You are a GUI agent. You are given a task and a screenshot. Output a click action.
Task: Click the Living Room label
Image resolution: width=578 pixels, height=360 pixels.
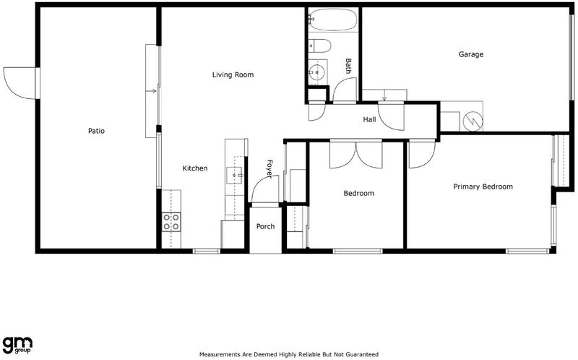coord(233,75)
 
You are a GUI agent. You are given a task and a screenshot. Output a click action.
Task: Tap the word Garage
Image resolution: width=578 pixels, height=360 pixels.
coord(471,55)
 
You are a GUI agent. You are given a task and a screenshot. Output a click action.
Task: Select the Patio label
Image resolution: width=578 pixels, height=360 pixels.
coord(96,131)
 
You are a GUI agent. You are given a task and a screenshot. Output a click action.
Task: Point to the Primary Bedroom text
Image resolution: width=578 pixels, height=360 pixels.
coord(483,187)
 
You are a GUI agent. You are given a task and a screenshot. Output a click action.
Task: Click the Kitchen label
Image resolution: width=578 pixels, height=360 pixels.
coord(195,168)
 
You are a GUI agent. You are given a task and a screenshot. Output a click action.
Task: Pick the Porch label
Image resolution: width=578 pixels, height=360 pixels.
coord(265,226)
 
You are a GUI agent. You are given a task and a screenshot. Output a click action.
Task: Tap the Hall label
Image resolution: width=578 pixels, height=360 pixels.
coord(369,119)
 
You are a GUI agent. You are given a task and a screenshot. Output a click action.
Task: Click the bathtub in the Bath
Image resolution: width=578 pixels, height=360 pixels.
coord(333,20)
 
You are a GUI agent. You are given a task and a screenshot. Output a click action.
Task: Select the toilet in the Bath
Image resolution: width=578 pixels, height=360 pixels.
coord(319,46)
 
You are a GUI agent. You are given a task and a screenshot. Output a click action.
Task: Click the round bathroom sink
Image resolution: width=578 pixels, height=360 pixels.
coord(316,72)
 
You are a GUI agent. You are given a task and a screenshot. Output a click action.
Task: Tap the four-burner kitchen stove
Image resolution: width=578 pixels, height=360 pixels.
coord(171,222)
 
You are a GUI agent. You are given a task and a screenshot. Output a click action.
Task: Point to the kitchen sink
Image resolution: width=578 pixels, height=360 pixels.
coord(234,175)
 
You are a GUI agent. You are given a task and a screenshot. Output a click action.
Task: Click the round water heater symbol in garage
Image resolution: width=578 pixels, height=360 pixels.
coord(473,121)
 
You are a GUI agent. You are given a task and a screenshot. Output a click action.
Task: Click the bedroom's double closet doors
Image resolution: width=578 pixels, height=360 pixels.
coord(356,154)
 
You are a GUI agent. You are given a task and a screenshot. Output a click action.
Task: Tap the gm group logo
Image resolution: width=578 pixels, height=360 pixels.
coord(17,346)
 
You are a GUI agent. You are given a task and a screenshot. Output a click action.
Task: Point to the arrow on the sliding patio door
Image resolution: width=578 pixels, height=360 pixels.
coord(152,91)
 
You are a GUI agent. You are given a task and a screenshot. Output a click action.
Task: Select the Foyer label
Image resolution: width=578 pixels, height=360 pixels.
coord(269,169)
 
